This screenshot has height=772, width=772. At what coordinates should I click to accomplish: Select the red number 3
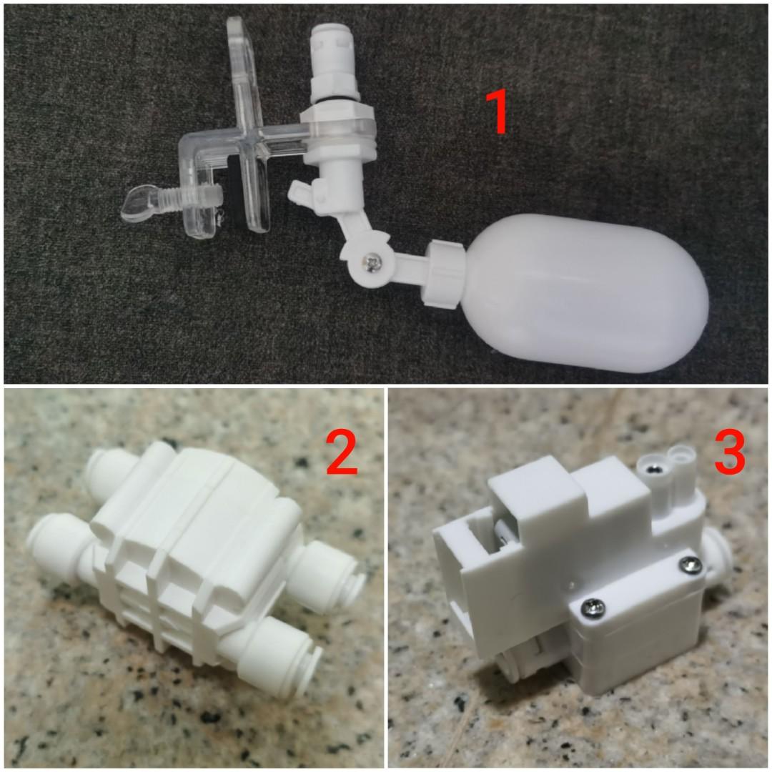pos(729,452)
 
